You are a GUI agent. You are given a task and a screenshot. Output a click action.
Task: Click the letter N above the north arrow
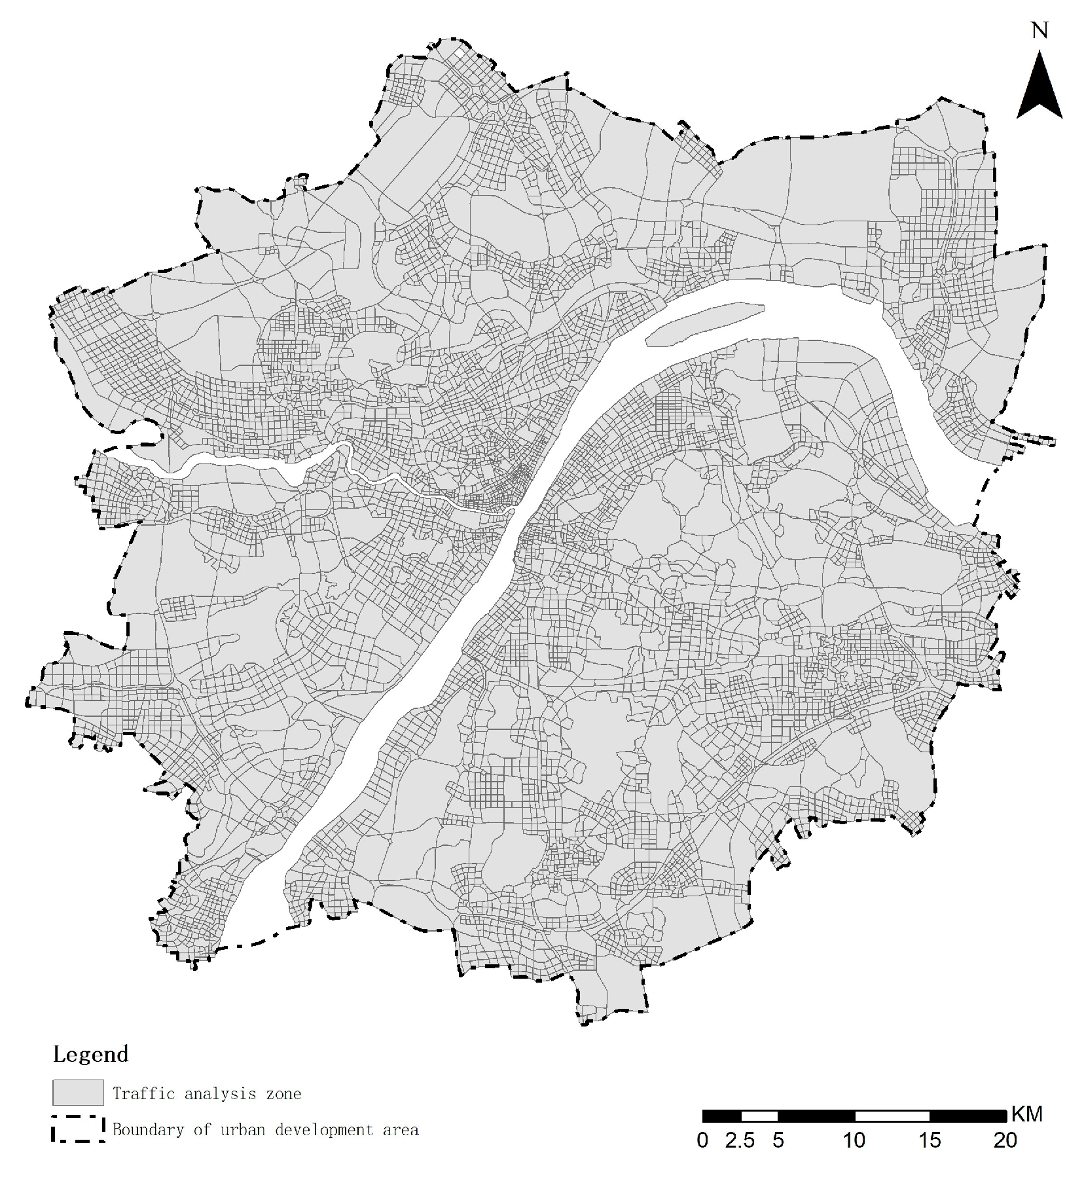pyautogui.click(x=1039, y=31)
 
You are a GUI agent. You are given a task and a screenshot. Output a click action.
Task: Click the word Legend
pyautogui.click(x=90, y=1055)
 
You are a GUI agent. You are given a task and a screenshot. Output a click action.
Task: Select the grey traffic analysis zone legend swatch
pyautogui.click(x=78, y=1093)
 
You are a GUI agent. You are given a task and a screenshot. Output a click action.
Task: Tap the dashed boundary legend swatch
pyautogui.click(x=78, y=1129)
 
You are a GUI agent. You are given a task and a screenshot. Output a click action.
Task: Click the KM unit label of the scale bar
pyautogui.click(x=1027, y=1114)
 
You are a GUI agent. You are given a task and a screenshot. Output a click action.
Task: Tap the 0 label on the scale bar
pyautogui.click(x=702, y=1140)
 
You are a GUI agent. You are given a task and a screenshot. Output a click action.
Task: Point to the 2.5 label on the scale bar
pyautogui.click(x=740, y=1140)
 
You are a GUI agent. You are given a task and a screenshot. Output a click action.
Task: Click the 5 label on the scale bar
pyautogui.click(x=778, y=1140)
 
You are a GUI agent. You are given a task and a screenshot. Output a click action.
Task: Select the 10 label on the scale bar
pyautogui.click(x=854, y=1140)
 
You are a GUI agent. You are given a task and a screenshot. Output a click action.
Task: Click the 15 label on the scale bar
pyautogui.click(x=930, y=1140)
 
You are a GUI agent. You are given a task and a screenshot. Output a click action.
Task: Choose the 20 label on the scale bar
pyautogui.click(x=1005, y=1140)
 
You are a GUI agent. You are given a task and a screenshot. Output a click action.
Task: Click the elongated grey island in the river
pyautogui.click(x=704, y=323)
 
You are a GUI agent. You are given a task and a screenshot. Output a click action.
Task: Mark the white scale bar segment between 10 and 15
pyautogui.click(x=892, y=1116)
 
